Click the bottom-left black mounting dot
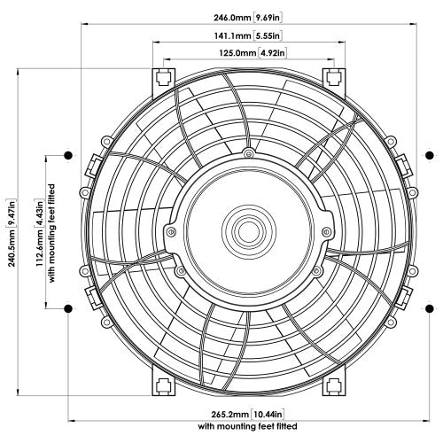(x=67, y=308)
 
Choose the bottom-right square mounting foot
(x=335, y=384)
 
